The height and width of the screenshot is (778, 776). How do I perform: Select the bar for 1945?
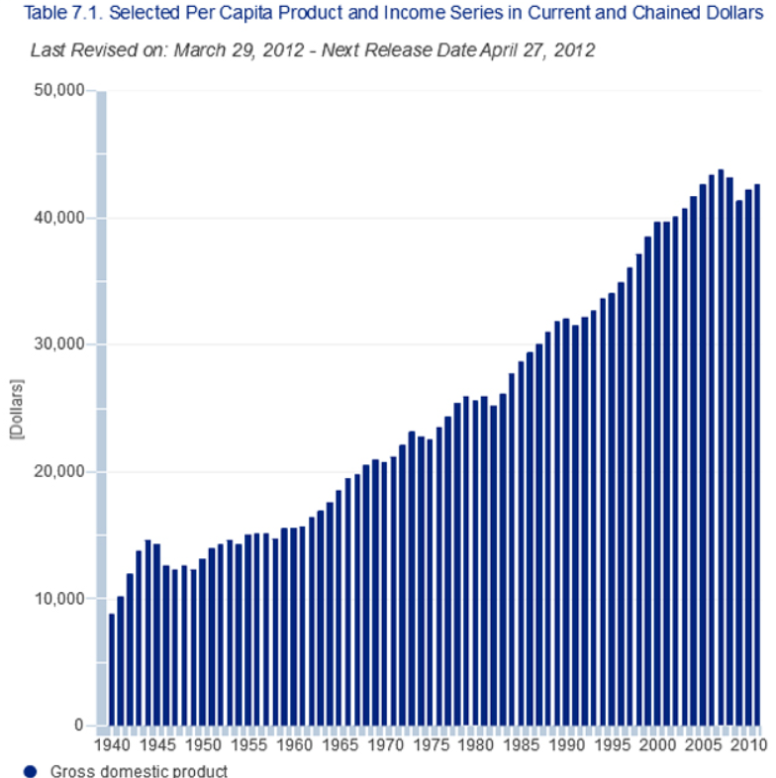157,634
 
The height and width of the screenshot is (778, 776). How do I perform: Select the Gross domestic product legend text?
139,771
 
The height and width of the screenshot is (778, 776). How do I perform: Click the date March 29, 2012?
234,49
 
